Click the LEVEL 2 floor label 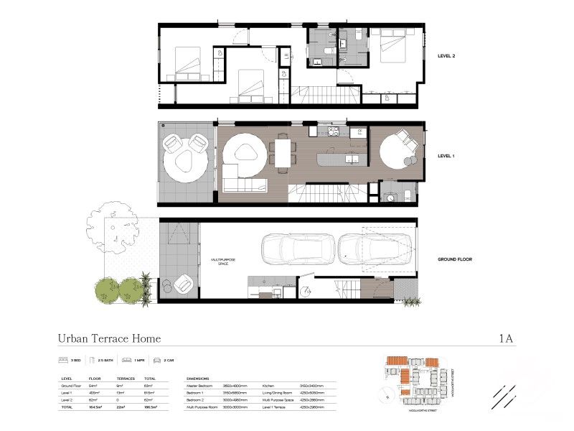(x=448, y=55)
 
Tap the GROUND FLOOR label (x=455, y=259)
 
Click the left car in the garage (x=296, y=250)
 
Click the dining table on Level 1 (x=281, y=154)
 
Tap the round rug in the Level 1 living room (x=243, y=153)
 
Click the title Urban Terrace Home (x=109, y=338)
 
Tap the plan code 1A (x=506, y=338)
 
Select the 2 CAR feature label (x=169, y=359)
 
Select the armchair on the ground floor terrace (x=180, y=285)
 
